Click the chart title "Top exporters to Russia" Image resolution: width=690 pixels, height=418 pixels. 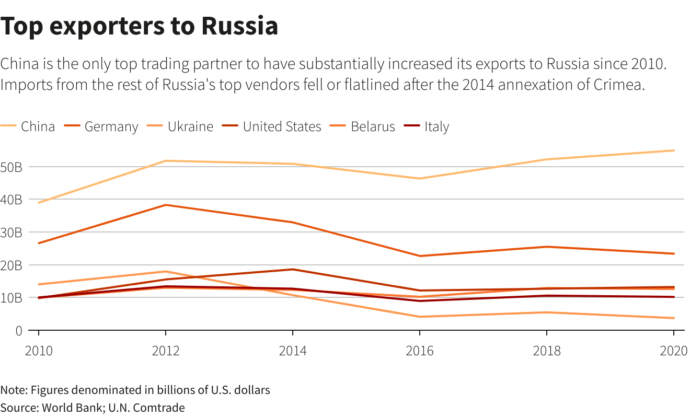click(x=139, y=26)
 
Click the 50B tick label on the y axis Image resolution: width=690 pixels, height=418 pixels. click(x=11, y=167)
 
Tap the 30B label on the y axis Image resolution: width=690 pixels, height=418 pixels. click(x=11, y=233)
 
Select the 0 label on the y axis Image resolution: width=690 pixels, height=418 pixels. click(x=18, y=331)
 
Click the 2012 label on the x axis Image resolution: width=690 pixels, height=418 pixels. click(x=166, y=351)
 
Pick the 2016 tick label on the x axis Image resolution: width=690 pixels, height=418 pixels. click(x=420, y=351)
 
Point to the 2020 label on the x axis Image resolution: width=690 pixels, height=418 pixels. click(x=673, y=351)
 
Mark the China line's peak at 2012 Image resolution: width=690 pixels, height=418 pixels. click(x=166, y=161)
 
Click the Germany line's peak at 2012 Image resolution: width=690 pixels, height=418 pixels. click(x=166, y=205)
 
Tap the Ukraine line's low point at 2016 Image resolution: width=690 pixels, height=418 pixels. click(x=420, y=317)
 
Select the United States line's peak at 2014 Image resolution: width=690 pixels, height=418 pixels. click(x=293, y=270)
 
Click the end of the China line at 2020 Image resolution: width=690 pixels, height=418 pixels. click(x=674, y=150)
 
